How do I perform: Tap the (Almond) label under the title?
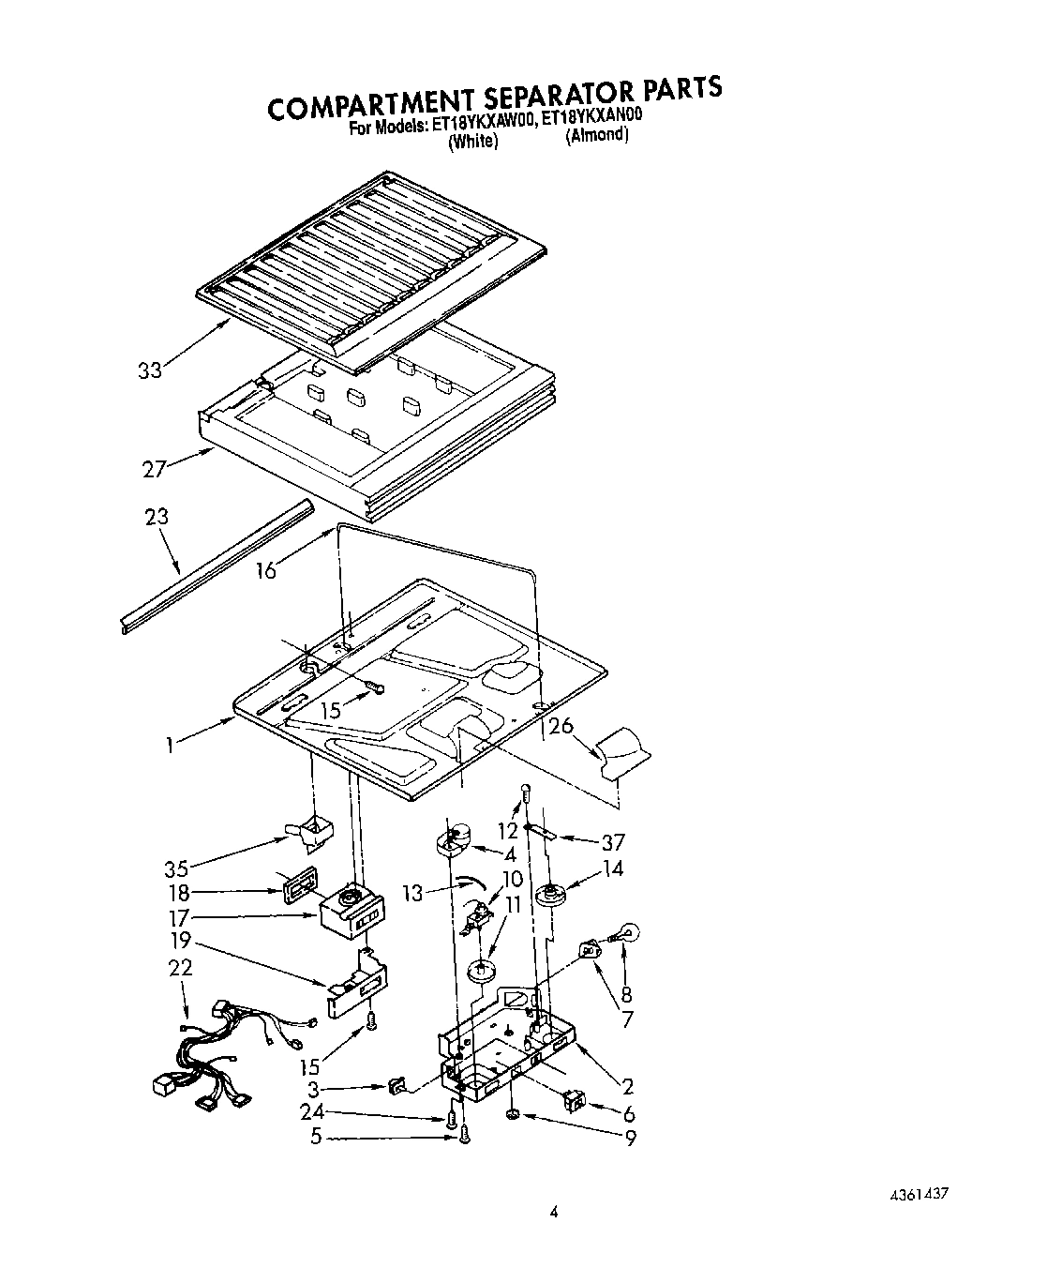click(596, 135)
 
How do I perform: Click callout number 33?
click(149, 370)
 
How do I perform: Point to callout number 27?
click(155, 470)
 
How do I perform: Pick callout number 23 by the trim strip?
click(157, 517)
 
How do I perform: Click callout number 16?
click(266, 569)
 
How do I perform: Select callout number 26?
click(561, 725)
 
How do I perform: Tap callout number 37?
click(613, 842)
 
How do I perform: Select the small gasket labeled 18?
click(296, 887)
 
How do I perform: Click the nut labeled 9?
click(512, 1114)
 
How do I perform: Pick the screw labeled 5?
click(462, 1137)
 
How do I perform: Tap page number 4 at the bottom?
click(554, 1213)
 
